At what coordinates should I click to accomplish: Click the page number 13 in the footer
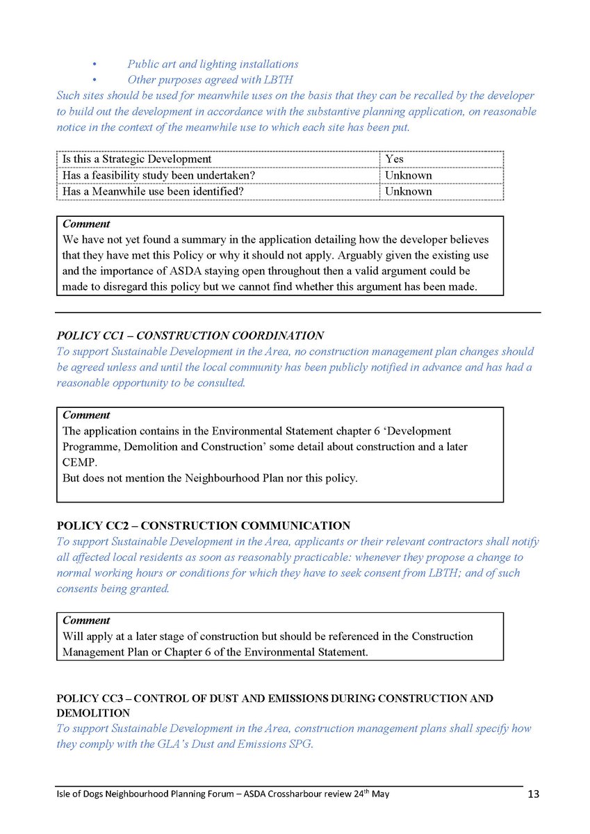coord(532,794)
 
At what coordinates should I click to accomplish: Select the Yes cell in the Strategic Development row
coord(394,159)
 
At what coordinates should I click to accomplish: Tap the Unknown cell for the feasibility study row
coord(408,175)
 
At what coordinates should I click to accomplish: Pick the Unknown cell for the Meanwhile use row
coord(408,191)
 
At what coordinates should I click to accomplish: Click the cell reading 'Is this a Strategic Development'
coord(137,159)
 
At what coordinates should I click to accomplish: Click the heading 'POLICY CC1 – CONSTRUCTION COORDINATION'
coord(190,336)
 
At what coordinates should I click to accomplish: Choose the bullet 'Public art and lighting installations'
coord(213,64)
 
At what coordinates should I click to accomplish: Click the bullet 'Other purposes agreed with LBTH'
coord(210,80)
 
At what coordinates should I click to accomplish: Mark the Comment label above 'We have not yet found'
coord(86,224)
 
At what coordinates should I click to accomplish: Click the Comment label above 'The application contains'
coord(86,415)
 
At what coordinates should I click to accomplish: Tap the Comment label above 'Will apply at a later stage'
coord(86,620)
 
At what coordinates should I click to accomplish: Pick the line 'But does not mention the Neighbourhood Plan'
coord(210,478)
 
